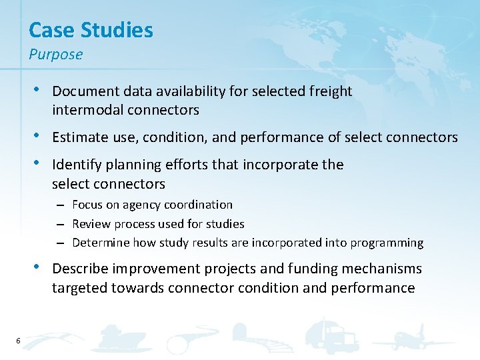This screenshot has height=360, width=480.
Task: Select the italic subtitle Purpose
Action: pos(56,55)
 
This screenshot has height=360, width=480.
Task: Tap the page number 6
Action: pos(18,341)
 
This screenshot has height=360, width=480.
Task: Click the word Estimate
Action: pos(79,137)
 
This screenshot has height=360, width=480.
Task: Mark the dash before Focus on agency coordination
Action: pos(60,205)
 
